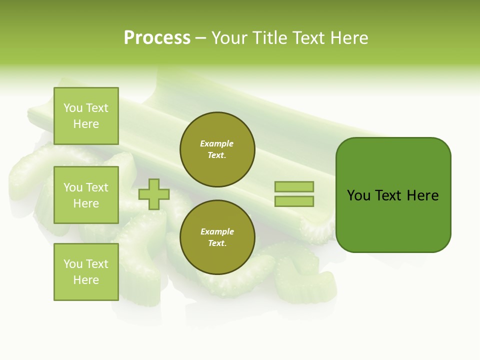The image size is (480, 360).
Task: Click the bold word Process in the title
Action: pyautogui.click(x=157, y=38)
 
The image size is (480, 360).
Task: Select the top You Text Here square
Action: pyautogui.click(x=86, y=116)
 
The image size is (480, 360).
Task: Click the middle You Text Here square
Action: pyautogui.click(x=86, y=195)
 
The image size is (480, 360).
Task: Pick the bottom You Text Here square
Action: pyautogui.click(x=86, y=272)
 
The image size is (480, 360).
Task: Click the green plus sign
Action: pyautogui.click(x=154, y=194)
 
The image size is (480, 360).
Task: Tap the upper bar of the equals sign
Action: pyautogui.click(x=294, y=186)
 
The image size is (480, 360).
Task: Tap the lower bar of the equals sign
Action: pyautogui.click(x=294, y=201)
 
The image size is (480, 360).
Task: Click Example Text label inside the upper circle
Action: pyautogui.click(x=217, y=149)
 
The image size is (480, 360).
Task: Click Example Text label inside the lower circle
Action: pyautogui.click(x=217, y=237)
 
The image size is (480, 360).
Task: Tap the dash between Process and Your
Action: pyautogui.click(x=201, y=38)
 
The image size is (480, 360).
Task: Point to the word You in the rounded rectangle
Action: pyautogui.click(x=358, y=195)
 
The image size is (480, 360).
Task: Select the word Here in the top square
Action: pyautogui.click(x=86, y=124)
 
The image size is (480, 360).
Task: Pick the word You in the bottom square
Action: pyautogui.click(x=73, y=264)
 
